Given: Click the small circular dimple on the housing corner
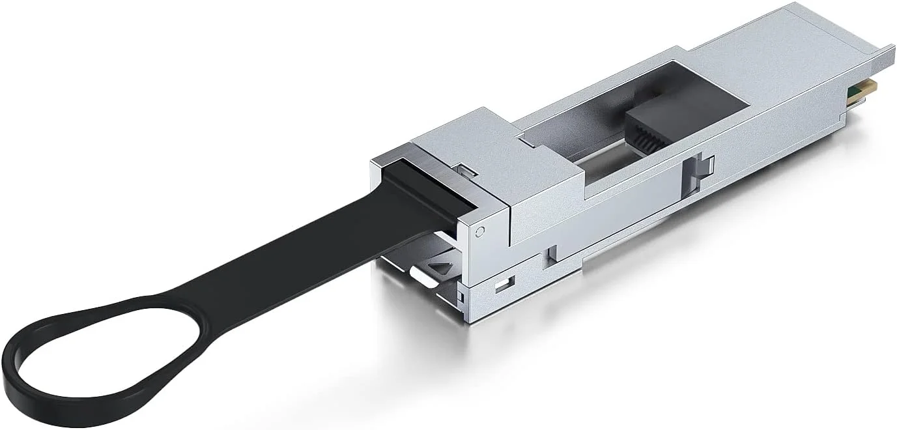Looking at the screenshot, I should point(480,231).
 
